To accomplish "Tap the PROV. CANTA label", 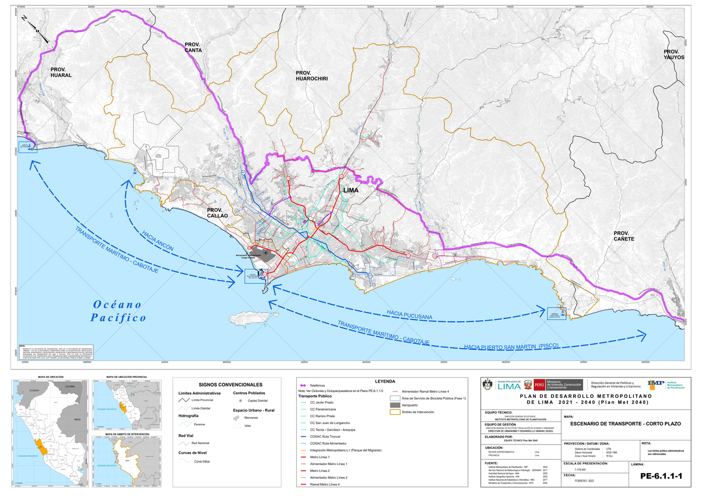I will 193,47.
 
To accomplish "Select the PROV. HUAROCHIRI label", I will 312,75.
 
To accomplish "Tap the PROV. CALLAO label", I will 220,213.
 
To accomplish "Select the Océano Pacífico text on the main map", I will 118,311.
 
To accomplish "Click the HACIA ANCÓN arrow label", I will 158,240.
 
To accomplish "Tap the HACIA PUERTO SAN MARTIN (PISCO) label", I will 512,346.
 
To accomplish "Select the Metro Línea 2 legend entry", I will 322,470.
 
